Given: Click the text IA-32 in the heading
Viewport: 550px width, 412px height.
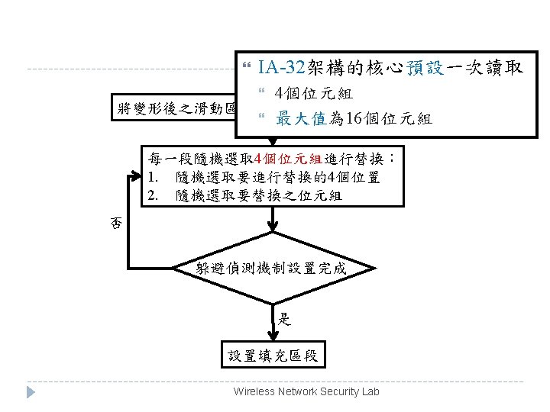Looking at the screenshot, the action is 281,67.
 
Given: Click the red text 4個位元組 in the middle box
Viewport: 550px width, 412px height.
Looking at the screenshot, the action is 283,159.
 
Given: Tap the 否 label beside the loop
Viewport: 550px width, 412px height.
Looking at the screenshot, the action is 116,223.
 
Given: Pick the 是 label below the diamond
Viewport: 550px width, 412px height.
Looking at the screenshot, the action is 284,319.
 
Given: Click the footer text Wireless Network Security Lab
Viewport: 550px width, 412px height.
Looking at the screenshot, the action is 306,391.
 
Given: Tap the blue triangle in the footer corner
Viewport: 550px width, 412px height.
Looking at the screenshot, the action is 31,392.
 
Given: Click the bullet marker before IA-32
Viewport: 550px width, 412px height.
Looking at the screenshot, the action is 246,68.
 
